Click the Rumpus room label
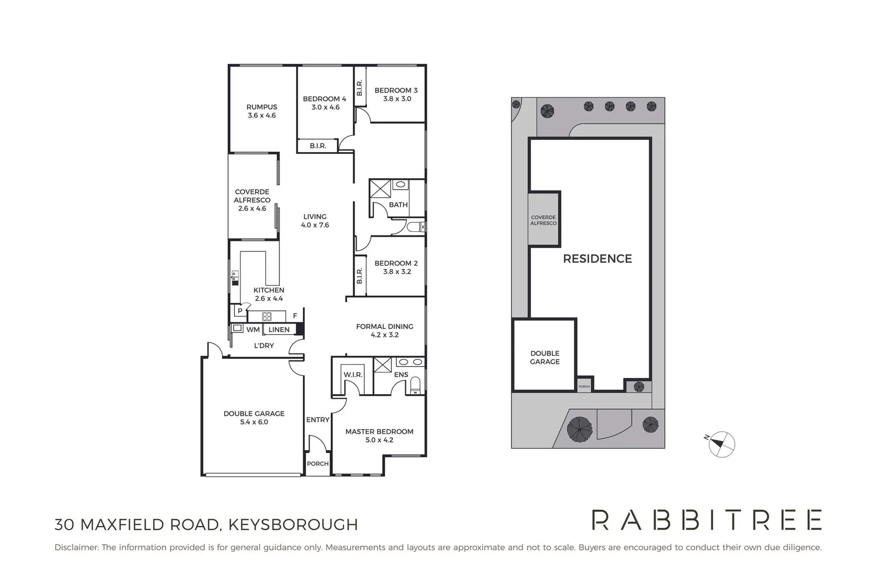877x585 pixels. [x=261, y=107]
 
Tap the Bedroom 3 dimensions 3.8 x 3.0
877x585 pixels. [x=397, y=99]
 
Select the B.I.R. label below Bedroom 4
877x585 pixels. [x=318, y=146]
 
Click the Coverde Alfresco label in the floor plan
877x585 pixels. [x=252, y=196]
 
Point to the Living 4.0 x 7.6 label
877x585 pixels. [x=315, y=221]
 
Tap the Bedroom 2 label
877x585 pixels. [x=396, y=263]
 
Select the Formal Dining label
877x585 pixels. [x=384, y=327]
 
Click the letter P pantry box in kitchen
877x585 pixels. [x=240, y=311]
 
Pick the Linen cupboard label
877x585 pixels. [x=279, y=329]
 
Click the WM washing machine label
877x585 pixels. [x=253, y=329]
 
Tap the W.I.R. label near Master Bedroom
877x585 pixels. [x=352, y=375]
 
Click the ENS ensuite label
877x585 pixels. [x=401, y=375]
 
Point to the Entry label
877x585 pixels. [x=317, y=420]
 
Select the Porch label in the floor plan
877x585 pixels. [x=317, y=464]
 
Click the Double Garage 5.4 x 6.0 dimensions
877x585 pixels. [x=254, y=422]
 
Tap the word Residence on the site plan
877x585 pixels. [x=597, y=259]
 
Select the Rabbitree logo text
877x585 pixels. [x=706, y=520]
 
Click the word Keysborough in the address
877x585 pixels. [x=293, y=525]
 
